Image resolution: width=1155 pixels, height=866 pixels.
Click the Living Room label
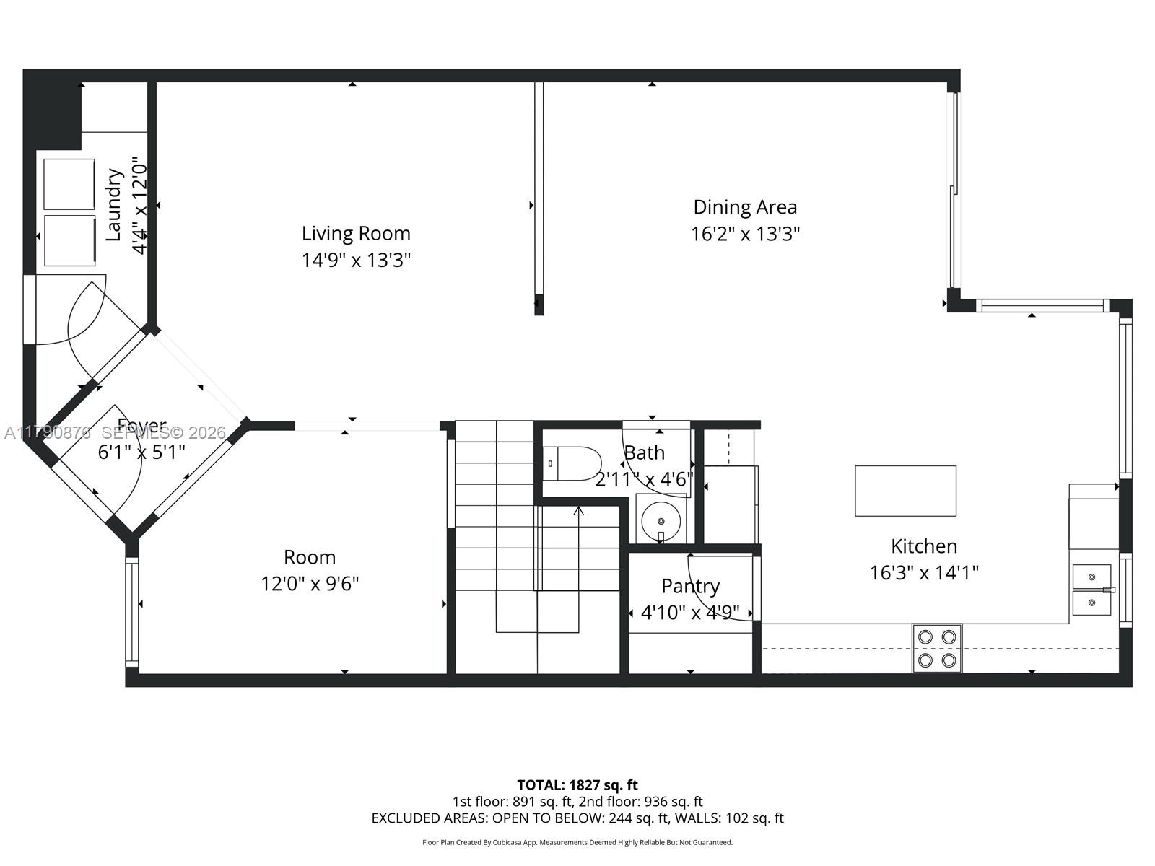coord(356,234)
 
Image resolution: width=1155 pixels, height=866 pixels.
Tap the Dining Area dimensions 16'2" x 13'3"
coord(745,235)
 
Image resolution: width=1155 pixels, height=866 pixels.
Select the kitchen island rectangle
coord(905,491)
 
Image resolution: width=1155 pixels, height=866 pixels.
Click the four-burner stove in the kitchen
coord(937,648)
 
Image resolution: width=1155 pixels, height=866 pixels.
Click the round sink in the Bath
coord(661,520)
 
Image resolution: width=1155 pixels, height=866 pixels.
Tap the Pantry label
coord(690,586)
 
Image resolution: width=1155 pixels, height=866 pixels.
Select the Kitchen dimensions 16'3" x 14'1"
coord(924,573)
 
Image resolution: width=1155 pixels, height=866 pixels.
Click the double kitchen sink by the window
coord(1091,590)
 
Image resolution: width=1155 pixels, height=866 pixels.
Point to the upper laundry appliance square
coord(69,184)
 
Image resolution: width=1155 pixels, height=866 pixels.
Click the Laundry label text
coord(113,204)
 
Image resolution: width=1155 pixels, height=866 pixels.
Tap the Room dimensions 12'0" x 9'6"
coord(310,583)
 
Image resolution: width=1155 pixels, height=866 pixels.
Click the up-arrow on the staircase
coord(578,512)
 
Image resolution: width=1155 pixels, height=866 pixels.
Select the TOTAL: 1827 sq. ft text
coord(577,784)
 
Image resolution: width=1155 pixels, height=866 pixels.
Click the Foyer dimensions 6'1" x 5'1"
coord(141,452)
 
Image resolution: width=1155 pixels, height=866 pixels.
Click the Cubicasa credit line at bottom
coord(577,842)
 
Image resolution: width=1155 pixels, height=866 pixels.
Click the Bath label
coord(645,453)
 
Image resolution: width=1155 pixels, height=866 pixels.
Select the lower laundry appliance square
coord(69,240)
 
